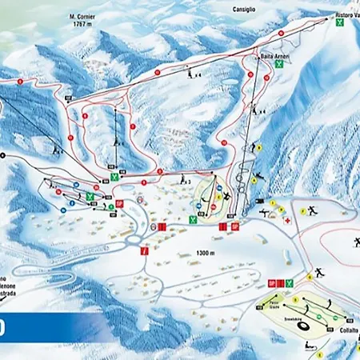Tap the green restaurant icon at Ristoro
coord(341,24)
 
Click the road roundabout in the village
coord(135,236)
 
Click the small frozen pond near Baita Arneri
coord(230,82)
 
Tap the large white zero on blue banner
coord(5,328)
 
